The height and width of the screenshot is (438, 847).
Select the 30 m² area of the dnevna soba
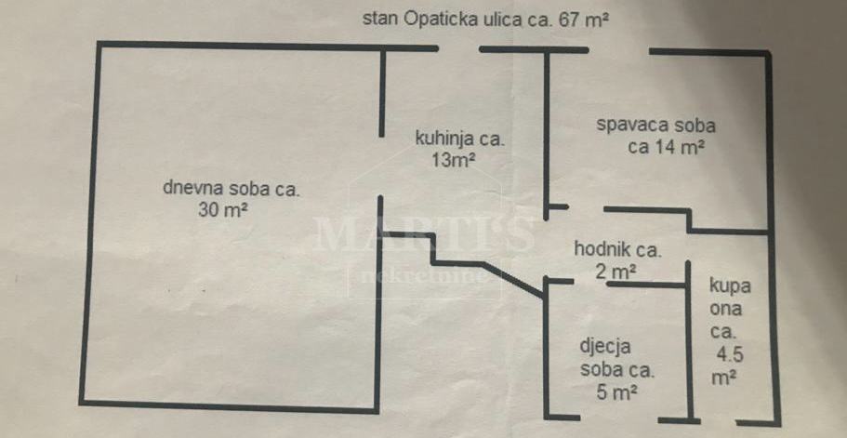223,209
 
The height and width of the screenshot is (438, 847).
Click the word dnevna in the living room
192,190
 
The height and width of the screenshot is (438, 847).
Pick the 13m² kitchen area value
453,159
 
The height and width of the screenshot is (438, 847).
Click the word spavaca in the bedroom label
628,126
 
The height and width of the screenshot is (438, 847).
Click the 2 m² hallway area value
615,271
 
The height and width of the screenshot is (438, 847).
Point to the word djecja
604,347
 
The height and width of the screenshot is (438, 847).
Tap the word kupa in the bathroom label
730,286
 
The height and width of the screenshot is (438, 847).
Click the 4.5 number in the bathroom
730,355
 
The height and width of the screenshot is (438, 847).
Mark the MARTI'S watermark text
424,232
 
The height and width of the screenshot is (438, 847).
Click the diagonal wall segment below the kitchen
513,280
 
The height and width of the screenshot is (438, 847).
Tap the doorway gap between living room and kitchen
381,166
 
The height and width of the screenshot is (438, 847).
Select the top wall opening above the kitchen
458,49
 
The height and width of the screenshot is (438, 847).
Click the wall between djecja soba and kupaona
689,340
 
